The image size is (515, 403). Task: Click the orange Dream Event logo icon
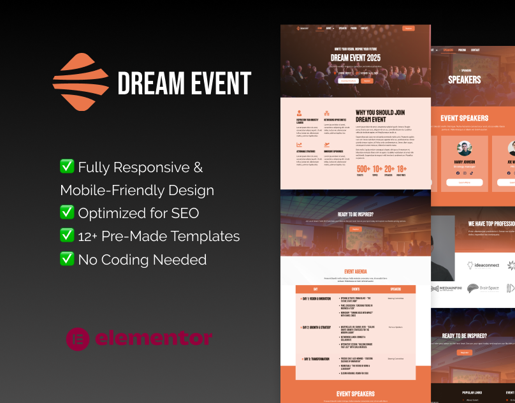pos(81,82)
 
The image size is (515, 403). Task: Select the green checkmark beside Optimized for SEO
pos(67,213)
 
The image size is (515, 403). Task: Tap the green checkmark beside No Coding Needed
pos(67,259)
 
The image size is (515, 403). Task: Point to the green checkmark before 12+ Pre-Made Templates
pos(67,236)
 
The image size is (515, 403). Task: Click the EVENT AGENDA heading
pos(355,272)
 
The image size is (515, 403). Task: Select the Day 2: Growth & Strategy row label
pos(317,327)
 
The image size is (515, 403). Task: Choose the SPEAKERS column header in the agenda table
pos(395,289)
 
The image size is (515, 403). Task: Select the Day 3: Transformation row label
pos(316,359)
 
